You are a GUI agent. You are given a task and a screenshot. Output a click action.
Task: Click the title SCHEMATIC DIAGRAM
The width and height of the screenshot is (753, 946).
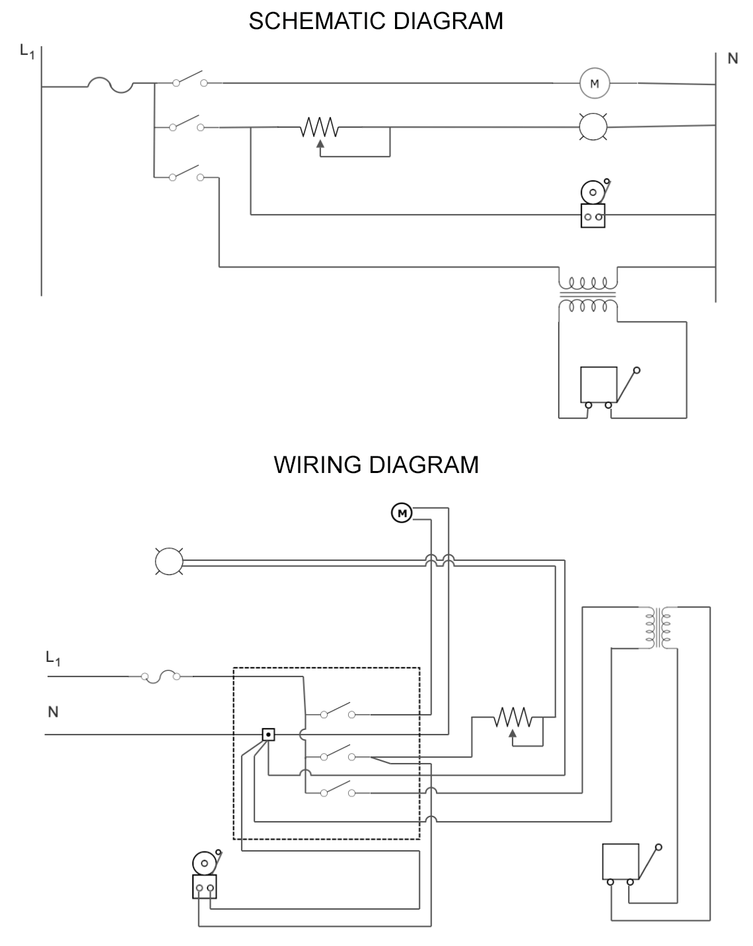(x=376, y=21)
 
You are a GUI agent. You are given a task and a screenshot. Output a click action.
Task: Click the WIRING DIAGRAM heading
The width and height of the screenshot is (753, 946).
(x=376, y=464)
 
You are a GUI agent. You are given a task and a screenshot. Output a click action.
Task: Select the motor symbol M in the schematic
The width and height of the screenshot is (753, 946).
(x=594, y=83)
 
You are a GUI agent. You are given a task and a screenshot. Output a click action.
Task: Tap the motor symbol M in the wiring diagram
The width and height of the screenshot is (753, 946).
(x=402, y=512)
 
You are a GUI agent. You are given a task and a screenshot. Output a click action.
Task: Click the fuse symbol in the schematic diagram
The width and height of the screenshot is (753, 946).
(x=110, y=85)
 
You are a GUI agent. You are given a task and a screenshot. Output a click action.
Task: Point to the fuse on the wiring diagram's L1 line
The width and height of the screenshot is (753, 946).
(x=159, y=676)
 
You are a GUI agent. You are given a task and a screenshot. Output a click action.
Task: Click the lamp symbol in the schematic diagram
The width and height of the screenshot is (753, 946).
(x=592, y=126)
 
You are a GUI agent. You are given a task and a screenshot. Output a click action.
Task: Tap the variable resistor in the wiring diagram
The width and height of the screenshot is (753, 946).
(x=513, y=719)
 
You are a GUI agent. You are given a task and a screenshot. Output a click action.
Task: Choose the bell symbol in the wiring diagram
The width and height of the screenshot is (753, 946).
(x=205, y=875)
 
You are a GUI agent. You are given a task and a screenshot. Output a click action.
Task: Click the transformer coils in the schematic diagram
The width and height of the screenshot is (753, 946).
(x=588, y=294)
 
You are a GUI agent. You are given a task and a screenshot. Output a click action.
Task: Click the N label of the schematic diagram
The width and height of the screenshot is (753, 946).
(x=732, y=59)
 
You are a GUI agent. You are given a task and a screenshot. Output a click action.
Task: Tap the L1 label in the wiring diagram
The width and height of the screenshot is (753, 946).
(x=53, y=658)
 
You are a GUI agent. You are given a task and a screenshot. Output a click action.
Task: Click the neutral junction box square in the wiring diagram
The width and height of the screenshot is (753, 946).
(x=268, y=734)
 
